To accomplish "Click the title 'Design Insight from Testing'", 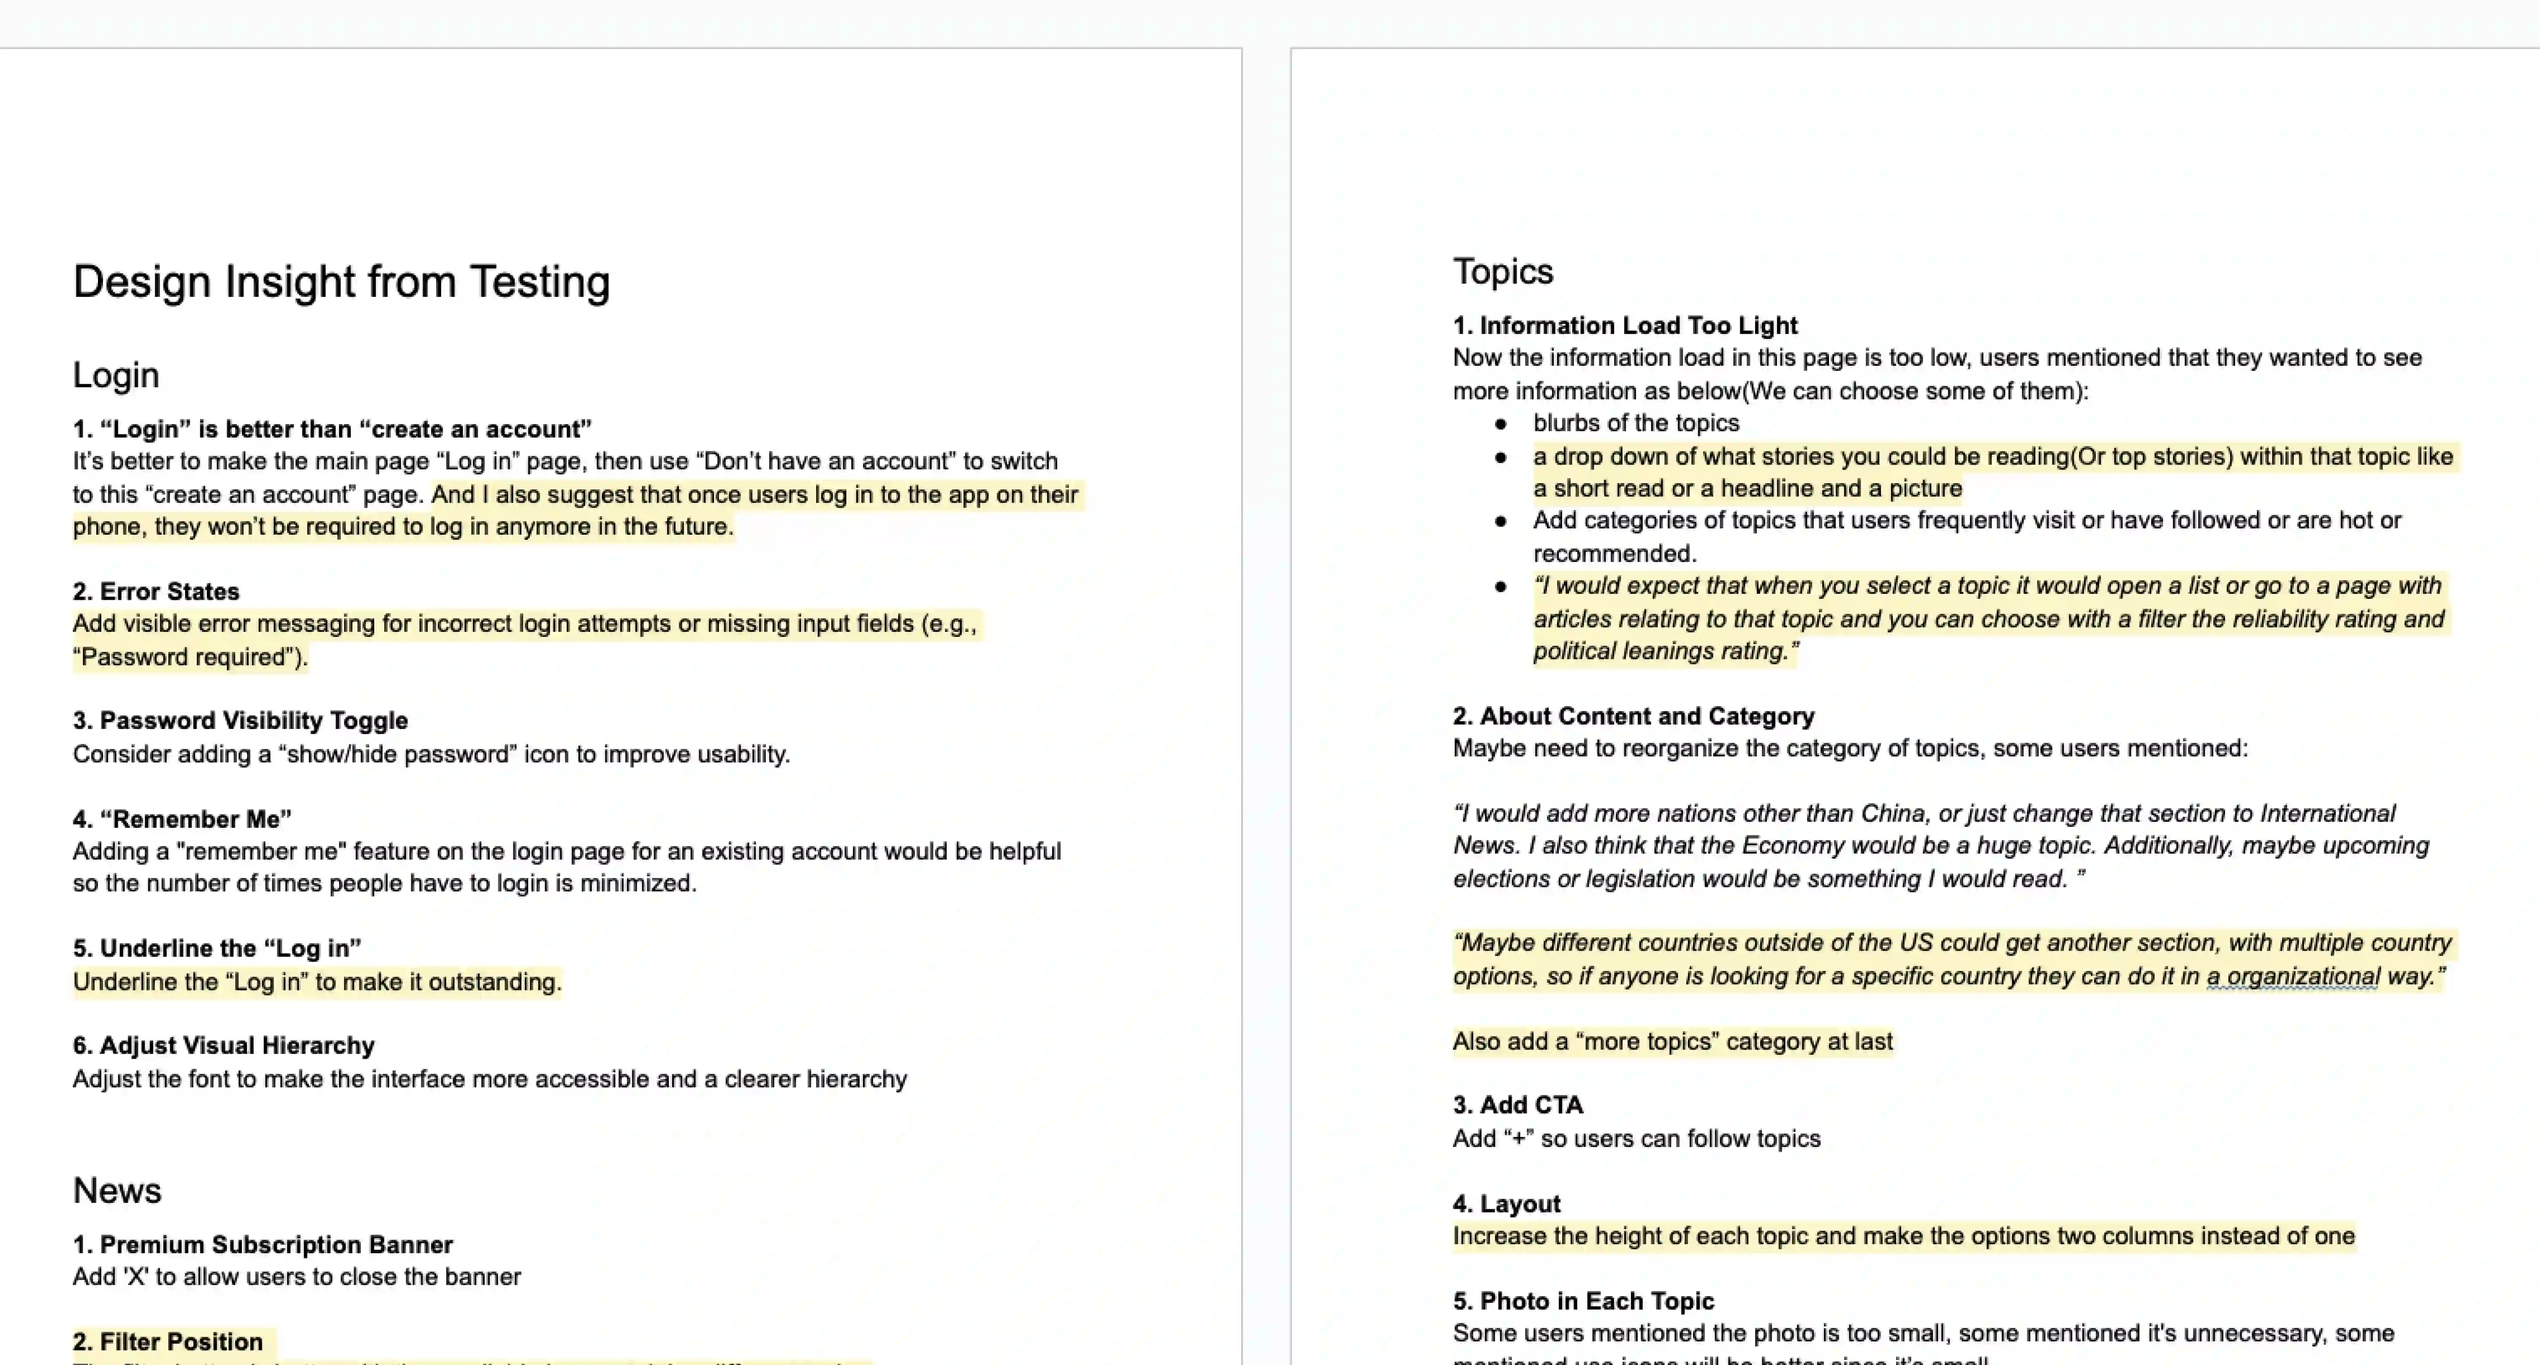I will [x=341, y=282].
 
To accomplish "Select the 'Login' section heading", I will [x=115, y=375].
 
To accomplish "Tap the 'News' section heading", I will [x=117, y=1191].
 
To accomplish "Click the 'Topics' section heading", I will [x=1503, y=271].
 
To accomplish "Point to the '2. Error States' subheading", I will [x=156, y=592].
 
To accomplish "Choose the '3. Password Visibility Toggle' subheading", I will [x=240, y=721].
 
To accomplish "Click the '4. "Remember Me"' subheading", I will [x=182, y=820].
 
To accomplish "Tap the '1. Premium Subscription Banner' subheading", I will [x=262, y=1245].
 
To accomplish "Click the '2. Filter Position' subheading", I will [x=168, y=1342].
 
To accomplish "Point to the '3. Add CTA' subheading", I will [x=1517, y=1106].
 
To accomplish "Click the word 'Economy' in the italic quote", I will [x=1786, y=846].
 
